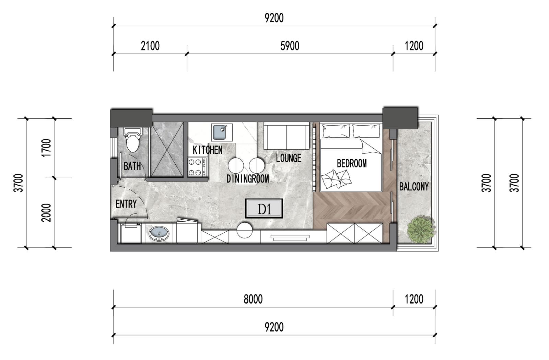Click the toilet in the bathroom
click(x=133, y=140)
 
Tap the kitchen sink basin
click(x=219, y=132)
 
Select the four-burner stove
click(x=197, y=167)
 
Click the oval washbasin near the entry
click(x=159, y=234)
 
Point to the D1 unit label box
click(x=264, y=209)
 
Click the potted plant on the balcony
click(x=421, y=230)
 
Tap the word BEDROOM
click(x=352, y=163)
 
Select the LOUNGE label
click(x=289, y=158)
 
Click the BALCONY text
click(x=414, y=187)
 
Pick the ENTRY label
click(x=126, y=204)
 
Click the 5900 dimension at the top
click(x=290, y=46)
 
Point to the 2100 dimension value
click(x=150, y=46)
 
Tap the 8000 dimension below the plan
click(x=253, y=299)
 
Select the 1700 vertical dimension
click(x=47, y=148)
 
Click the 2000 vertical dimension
click(x=47, y=213)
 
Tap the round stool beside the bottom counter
click(x=244, y=230)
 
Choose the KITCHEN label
click(x=208, y=150)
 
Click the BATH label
click(x=132, y=166)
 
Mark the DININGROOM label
click(x=247, y=179)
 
